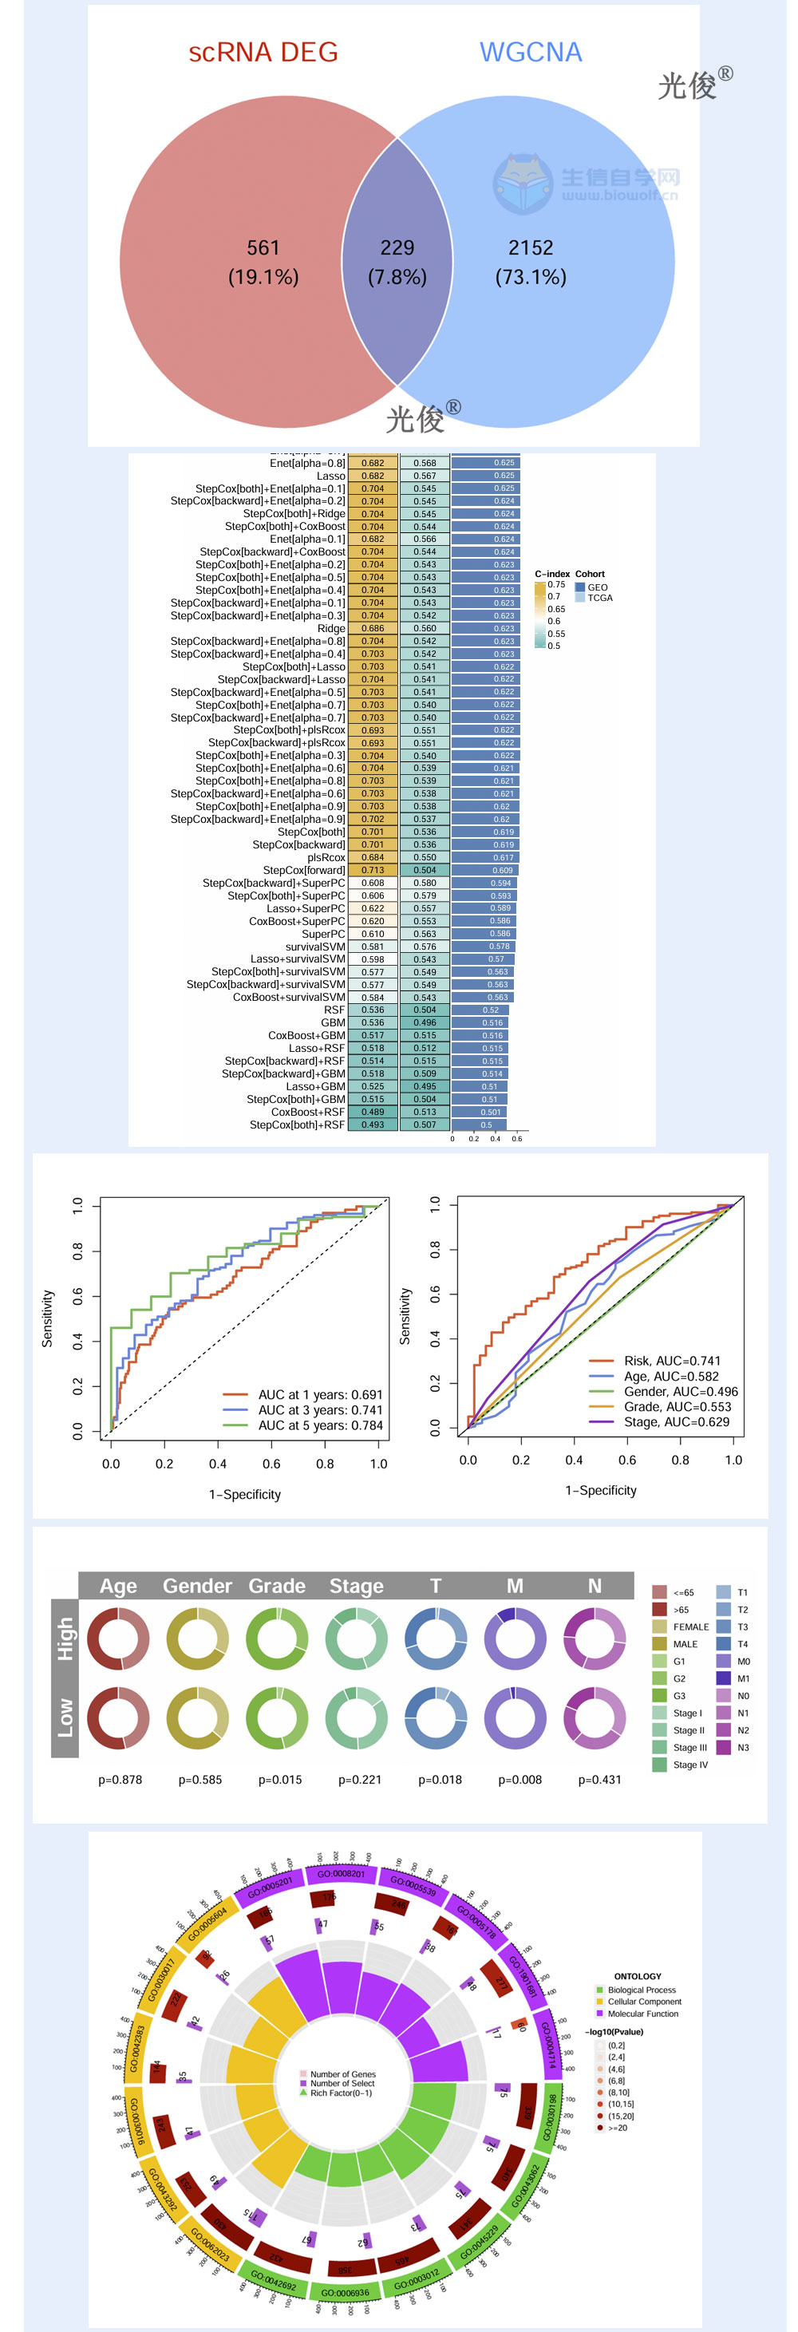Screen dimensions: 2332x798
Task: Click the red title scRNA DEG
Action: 263,53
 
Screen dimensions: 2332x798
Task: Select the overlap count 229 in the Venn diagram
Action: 397,248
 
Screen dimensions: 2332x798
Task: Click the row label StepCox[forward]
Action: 304,870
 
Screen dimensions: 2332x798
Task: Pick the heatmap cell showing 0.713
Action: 373,870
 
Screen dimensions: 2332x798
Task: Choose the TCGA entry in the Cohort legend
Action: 599,598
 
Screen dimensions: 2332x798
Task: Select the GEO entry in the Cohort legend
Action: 597,587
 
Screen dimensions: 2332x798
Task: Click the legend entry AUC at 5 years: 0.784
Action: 320,1425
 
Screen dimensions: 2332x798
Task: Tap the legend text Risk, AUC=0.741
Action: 672,1361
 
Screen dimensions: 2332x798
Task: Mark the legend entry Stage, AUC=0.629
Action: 677,1421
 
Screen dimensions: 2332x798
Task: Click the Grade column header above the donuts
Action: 277,1585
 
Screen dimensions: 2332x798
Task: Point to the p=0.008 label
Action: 520,1779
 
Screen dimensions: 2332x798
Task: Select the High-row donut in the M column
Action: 515,1638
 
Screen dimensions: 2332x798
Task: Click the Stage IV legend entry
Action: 690,1765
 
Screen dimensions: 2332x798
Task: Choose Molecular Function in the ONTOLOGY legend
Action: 643,2014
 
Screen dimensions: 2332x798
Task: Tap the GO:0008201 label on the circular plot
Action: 341,1873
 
